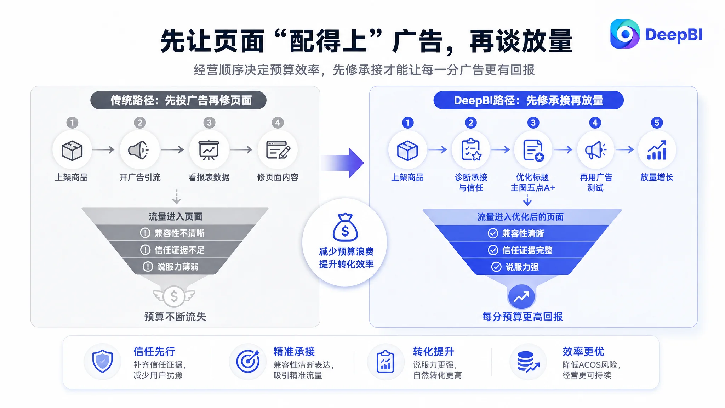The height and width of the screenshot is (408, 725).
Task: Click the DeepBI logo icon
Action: (x=625, y=34)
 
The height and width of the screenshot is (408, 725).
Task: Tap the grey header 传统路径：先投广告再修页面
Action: (x=178, y=100)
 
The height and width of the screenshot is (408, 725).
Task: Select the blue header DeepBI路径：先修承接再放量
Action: (x=529, y=100)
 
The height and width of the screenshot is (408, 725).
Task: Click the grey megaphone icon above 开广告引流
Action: (x=139, y=150)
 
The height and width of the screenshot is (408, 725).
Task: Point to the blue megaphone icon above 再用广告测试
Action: (x=596, y=150)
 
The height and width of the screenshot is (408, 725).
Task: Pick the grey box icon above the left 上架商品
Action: (x=72, y=151)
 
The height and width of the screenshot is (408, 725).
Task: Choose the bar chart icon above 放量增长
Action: (x=657, y=150)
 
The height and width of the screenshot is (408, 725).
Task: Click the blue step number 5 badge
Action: (x=657, y=123)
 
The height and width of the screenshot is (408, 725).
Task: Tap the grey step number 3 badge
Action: (x=209, y=123)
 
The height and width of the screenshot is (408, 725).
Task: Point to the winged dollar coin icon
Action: (x=174, y=296)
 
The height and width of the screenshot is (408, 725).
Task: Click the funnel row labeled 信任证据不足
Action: (x=175, y=250)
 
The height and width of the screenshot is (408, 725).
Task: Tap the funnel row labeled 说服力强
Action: (x=522, y=267)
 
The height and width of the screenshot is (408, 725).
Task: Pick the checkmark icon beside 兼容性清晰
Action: (x=493, y=233)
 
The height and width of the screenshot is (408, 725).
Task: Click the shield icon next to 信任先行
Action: (x=102, y=361)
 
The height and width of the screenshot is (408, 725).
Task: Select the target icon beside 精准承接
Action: (x=248, y=361)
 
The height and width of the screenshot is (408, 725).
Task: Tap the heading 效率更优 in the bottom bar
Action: (x=583, y=351)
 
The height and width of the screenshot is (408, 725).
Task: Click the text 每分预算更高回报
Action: (x=522, y=317)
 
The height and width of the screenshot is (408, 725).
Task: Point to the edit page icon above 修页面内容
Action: (x=278, y=150)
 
